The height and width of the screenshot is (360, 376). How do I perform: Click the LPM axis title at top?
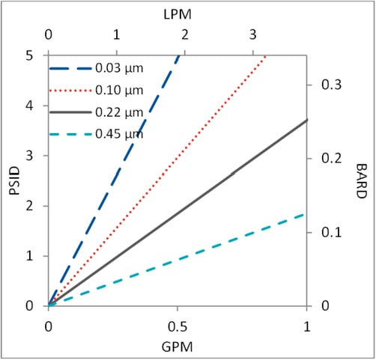coord(178,15)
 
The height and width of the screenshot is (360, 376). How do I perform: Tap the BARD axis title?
coord(360,180)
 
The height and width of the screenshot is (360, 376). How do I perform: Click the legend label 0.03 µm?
coord(119,68)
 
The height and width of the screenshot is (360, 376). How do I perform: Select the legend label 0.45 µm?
coord(119,135)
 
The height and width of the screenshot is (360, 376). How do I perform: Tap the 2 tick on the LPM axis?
coord(184,34)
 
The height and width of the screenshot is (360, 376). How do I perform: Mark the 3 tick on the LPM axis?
coord(252,34)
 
